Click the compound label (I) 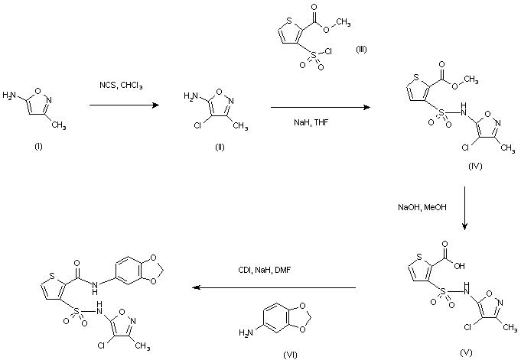[x=38, y=147]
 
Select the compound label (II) [x=220, y=147]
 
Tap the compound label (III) [x=362, y=50]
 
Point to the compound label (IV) [x=475, y=166]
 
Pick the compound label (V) [x=466, y=352]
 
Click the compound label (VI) [x=291, y=355]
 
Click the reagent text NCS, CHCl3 [x=121, y=86]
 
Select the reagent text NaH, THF [x=311, y=122]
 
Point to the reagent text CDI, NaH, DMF [x=265, y=270]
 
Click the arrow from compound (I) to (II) [x=124, y=105]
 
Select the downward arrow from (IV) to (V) [x=464, y=208]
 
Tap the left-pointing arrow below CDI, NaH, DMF [x=274, y=287]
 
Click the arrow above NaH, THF [x=321, y=107]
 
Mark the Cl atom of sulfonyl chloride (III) [x=327, y=51]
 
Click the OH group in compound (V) [x=459, y=266]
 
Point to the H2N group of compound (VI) [x=246, y=332]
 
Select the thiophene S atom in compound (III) [x=289, y=21]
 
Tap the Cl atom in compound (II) [x=197, y=126]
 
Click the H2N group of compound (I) [x=9, y=96]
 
